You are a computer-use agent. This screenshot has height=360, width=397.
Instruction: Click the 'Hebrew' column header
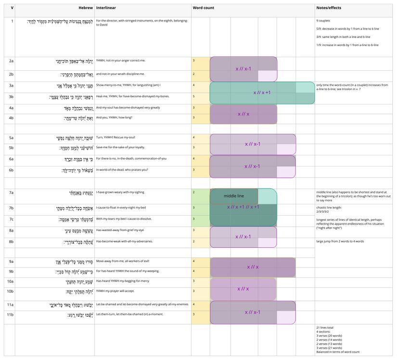(x=86, y=8)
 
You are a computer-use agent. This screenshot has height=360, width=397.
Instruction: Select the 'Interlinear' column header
(x=106, y=8)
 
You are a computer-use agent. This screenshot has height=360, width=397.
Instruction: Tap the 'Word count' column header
(x=203, y=8)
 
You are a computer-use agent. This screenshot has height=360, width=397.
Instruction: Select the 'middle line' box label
(x=234, y=196)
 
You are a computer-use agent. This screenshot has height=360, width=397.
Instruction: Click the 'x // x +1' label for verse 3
(x=262, y=92)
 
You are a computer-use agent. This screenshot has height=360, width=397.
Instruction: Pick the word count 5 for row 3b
(x=194, y=96)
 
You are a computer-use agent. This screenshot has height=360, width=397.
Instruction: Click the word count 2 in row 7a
(x=194, y=193)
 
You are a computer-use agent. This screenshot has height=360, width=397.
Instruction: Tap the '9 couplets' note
(x=323, y=21)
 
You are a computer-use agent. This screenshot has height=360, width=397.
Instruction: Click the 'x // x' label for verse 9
(x=253, y=267)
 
